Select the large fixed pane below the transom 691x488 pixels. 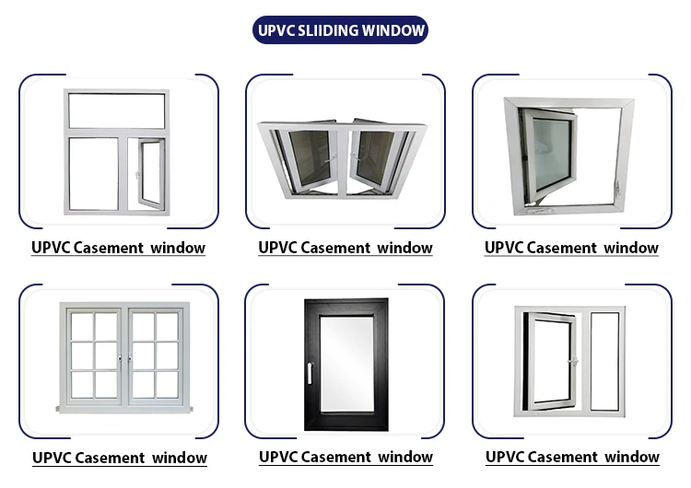[93, 175]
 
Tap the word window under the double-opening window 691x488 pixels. [404, 248]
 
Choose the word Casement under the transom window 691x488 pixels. [118, 248]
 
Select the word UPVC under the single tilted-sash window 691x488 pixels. [504, 248]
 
